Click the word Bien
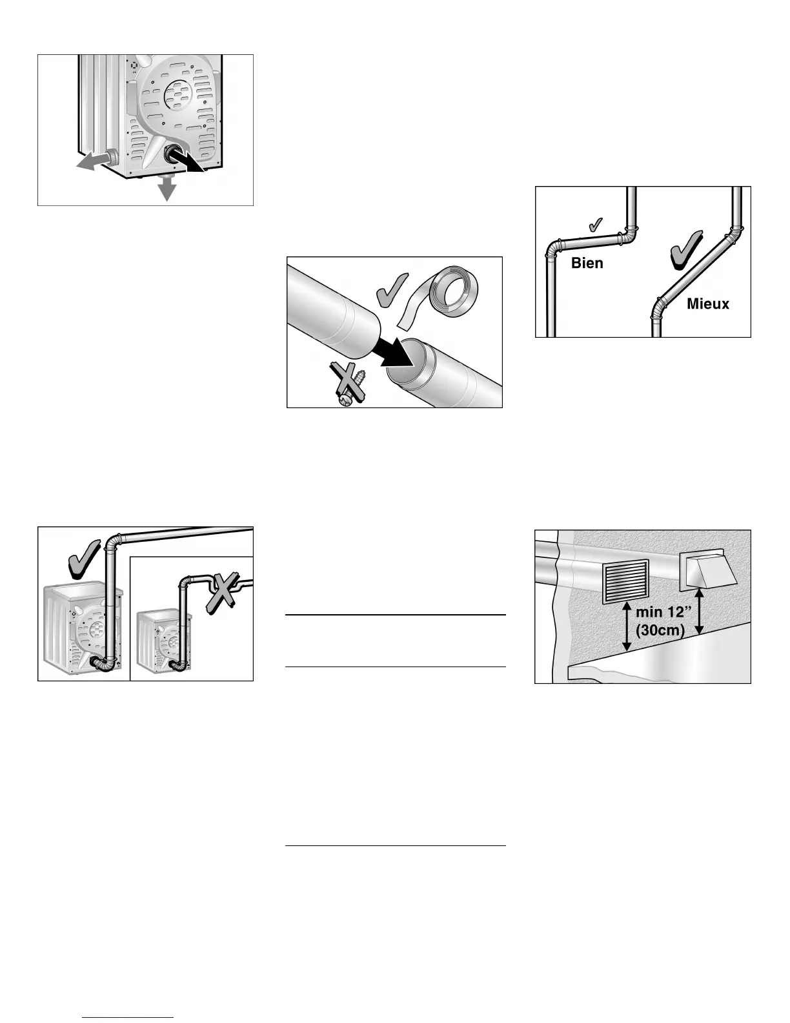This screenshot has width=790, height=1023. (x=587, y=263)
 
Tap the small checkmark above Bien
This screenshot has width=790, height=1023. (x=598, y=224)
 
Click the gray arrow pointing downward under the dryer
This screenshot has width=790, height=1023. (x=168, y=188)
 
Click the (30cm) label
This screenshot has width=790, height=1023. (x=660, y=630)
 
